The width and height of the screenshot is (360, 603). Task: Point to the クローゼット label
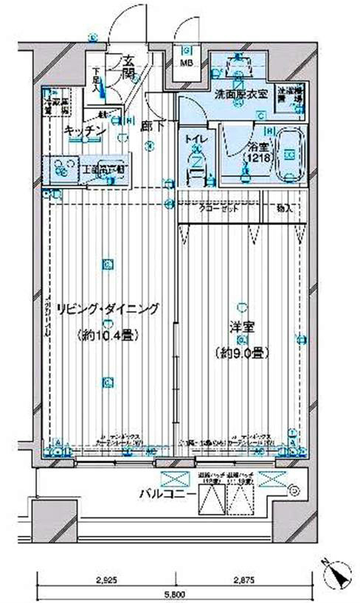click(221, 209)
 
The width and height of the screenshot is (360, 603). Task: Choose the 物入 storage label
click(285, 209)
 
